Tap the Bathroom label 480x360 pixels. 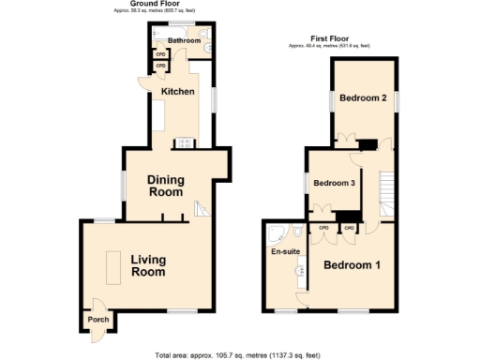pos(185,41)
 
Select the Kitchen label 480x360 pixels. pos(178,91)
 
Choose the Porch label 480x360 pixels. pos(98,320)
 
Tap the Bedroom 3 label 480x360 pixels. pos(334,183)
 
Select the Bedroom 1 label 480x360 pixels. pos(352,265)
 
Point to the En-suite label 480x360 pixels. pos(285,252)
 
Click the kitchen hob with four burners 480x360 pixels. pos(185,143)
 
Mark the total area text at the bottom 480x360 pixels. pos(239,353)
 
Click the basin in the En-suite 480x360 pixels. pos(300,272)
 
